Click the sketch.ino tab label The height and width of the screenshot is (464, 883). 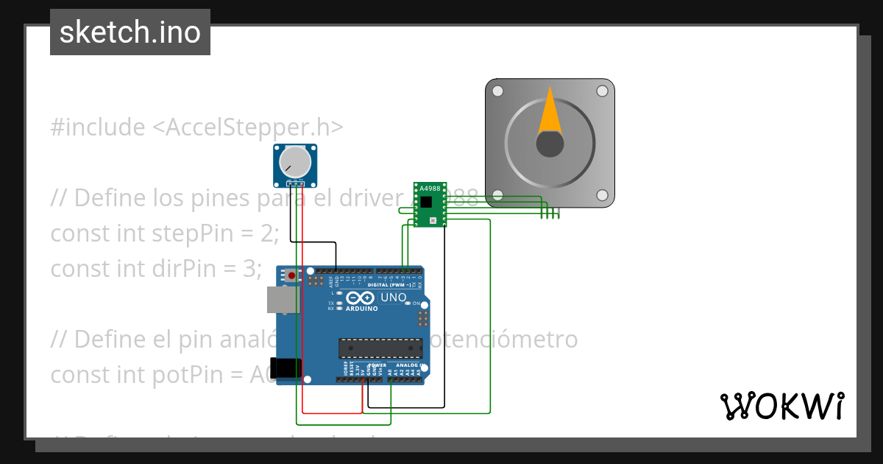coord(130,33)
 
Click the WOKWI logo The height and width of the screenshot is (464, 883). coord(781,407)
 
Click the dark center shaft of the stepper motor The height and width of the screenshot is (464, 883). coord(550,144)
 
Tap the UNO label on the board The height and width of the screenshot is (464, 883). coord(394,298)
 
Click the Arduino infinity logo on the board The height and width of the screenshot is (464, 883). coord(360,298)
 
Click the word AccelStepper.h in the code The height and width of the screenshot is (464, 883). coord(247,127)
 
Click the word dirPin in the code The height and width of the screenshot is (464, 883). coord(188,269)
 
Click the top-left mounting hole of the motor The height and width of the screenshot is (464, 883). coord(497,91)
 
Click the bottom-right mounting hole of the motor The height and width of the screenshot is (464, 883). coord(602,195)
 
